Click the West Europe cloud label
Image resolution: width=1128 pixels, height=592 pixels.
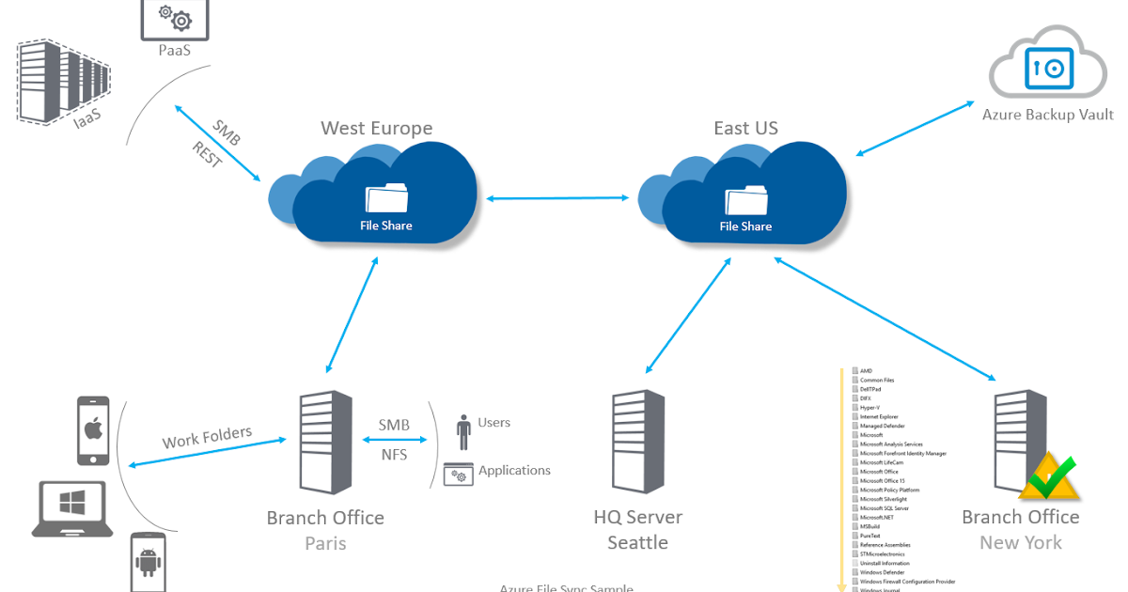[376, 129]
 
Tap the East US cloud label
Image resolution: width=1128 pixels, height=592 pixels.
[745, 129]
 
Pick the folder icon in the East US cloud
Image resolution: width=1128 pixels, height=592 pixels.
[745, 199]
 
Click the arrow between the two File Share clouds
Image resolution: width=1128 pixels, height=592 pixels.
[557, 197]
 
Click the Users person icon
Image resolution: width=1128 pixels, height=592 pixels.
[462, 431]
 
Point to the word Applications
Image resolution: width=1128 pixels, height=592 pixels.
[514, 470]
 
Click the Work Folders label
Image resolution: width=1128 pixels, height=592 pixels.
[207, 437]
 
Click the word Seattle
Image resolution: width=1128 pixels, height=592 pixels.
[637, 543]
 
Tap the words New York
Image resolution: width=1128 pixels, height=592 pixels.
[1020, 543]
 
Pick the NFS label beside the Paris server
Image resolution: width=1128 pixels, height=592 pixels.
[393, 454]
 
